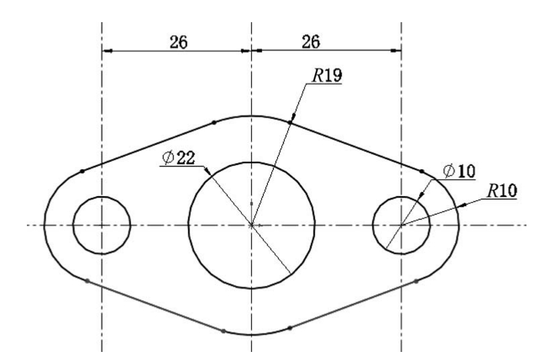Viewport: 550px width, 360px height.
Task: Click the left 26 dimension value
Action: (x=179, y=42)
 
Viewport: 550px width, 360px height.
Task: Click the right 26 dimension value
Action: (x=311, y=42)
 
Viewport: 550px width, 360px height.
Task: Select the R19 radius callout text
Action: (x=327, y=75)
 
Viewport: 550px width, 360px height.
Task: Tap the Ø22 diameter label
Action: (x=179, y=158)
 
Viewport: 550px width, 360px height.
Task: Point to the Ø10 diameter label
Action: (x=459, y=171)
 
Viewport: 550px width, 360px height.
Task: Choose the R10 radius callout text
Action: (x=502, y=191)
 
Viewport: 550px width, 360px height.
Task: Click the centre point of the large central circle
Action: (x=252, y=225)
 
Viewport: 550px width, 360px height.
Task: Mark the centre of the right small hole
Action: (x=402, y=225)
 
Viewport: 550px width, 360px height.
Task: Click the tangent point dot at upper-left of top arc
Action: (x=214, y=122)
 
